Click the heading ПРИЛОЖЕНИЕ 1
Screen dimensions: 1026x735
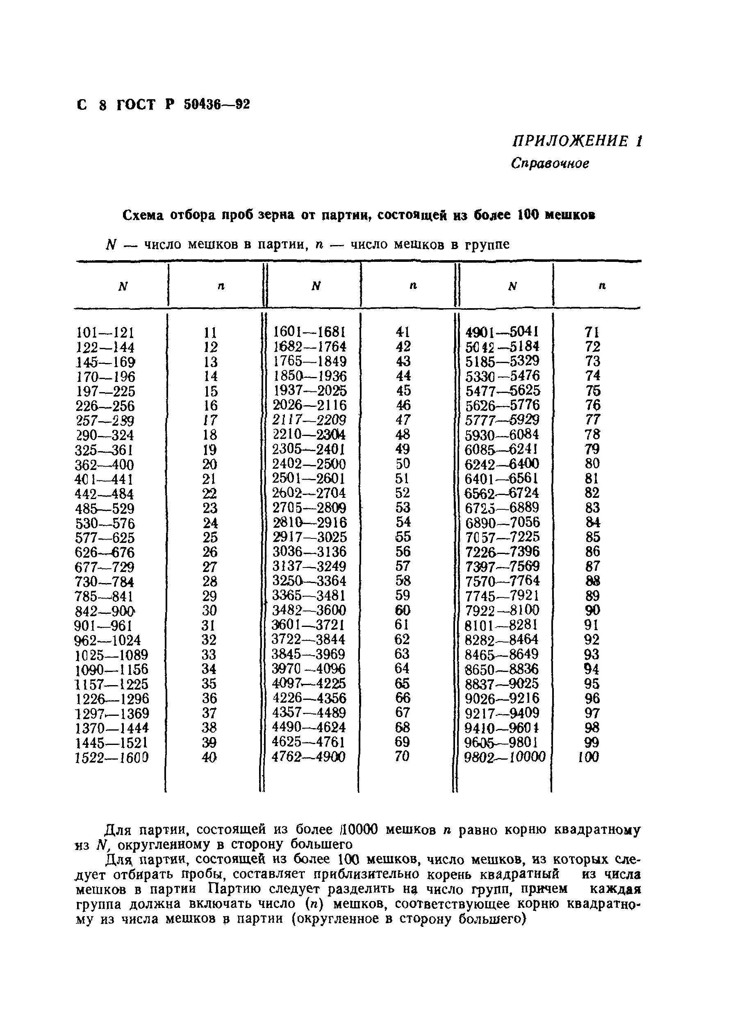click(577, 142)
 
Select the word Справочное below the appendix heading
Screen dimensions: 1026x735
click(550, 163)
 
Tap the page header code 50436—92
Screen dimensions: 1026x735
click(217, 105)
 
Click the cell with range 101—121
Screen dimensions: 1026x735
click(105, 333)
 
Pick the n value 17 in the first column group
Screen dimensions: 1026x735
click(209, 420)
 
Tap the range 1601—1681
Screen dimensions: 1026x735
click(309, 332)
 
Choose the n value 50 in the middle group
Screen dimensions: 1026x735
click(403, 464)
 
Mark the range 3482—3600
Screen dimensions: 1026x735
click(309, 611)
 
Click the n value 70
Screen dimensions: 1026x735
click(402, 756)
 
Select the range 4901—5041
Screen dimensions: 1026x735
click(503, 332)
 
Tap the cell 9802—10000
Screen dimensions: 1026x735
click(505, 757)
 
